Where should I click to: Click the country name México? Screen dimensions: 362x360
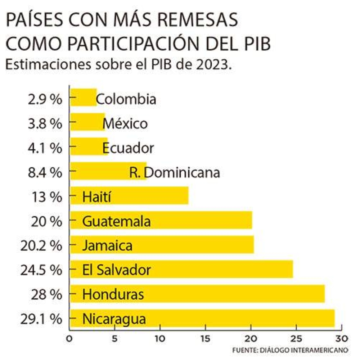point(125,124)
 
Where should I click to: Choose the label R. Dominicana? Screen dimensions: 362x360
point(175,173)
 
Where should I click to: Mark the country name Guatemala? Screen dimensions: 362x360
point(116,221)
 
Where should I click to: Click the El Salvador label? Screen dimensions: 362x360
point(116,270)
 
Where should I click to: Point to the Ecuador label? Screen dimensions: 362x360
point(128,148)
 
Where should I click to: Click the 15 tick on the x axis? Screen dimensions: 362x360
point(205,339)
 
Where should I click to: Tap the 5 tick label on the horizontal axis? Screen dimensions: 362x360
point(114,339)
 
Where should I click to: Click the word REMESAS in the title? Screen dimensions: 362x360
point(201,21)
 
